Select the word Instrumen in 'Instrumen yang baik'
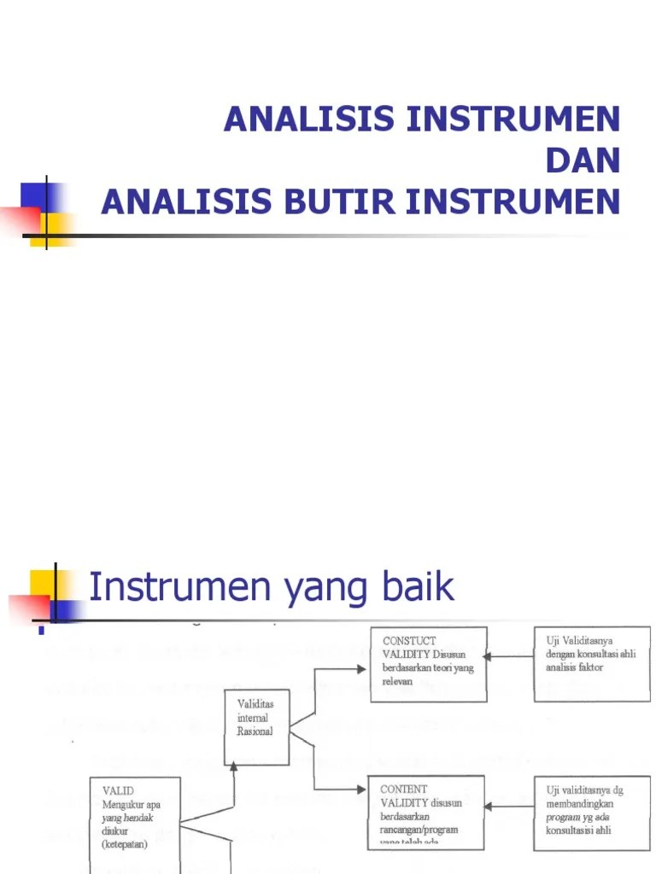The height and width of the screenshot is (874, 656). tap(179, 587)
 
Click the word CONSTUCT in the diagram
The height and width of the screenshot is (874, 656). tap(409, 640)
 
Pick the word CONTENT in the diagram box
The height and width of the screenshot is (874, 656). tap(404, 790)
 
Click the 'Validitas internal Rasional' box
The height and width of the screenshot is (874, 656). tap(256, 726)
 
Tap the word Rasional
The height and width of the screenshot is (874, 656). tap(254, 732)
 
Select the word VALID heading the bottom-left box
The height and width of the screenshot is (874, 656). tap(117, 791)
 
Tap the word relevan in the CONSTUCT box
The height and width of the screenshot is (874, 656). tap(397, 682)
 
